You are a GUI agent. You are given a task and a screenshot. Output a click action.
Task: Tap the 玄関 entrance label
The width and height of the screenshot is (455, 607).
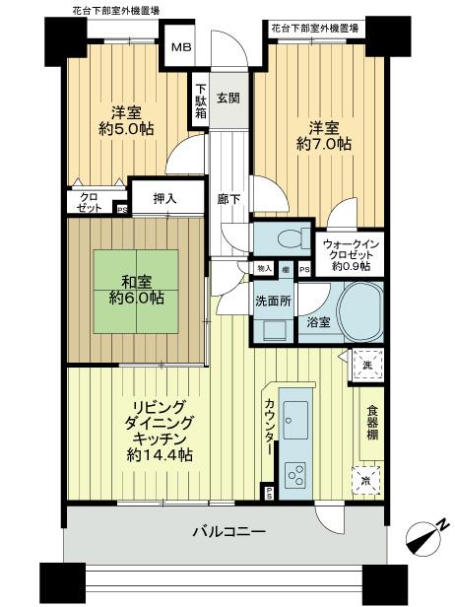(x=227, y=97)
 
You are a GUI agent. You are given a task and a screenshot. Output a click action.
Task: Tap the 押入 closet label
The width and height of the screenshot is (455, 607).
(x=164, y=199)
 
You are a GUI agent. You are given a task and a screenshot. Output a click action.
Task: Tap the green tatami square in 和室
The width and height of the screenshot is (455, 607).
(x=130, y=284)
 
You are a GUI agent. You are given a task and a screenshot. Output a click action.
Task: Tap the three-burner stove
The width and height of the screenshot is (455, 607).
(x=294, y=474)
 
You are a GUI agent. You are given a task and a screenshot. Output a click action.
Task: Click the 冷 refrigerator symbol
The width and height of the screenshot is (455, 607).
(x=365, y=482)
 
